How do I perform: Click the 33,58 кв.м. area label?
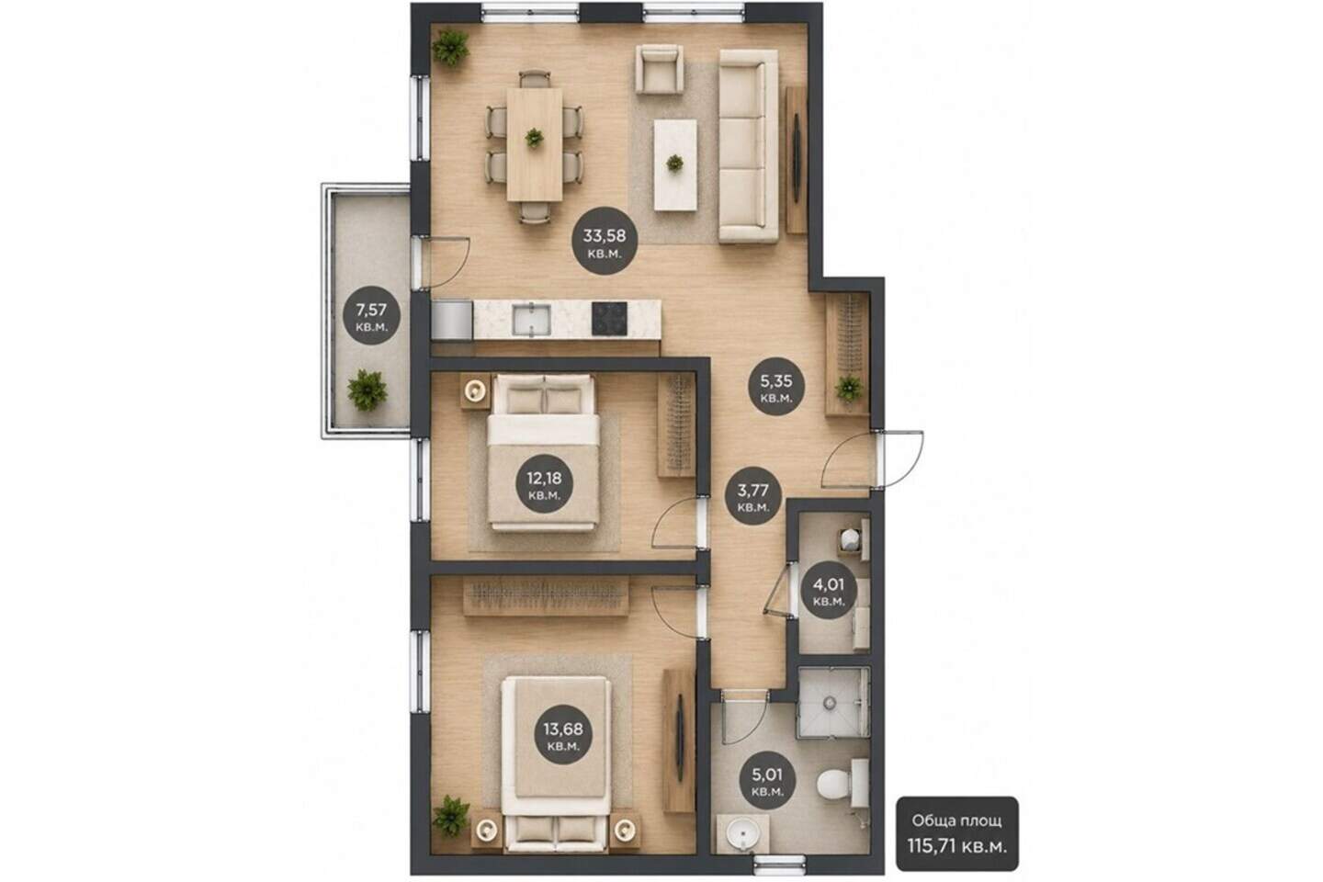click(605, 241)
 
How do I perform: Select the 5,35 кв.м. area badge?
click(776, 387)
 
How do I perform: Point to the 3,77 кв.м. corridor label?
click(753, 496)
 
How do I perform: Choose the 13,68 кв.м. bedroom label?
click(563, 735)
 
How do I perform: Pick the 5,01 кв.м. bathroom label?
click(767, 780)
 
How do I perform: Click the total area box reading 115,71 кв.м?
click(956, 833)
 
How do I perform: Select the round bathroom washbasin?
click(742, 834)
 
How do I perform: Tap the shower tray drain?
click(830, 703)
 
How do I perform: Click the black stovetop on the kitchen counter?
click(609, 319)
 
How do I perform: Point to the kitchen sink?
click(531, 320)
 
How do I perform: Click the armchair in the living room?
click(659, 69)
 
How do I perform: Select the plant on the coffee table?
click(674, 163)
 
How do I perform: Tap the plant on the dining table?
click(534, 138)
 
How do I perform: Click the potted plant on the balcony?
click(367, 390)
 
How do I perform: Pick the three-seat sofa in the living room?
click(748, 146)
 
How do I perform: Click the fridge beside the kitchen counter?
click(452, 320)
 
